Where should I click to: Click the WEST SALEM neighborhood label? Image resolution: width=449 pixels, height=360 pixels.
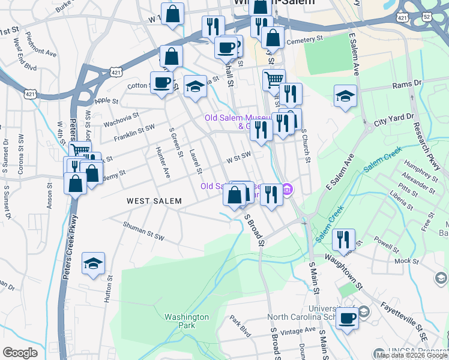154,201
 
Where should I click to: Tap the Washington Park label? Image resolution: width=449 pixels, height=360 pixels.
187,321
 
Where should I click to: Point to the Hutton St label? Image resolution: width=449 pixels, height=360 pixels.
109,287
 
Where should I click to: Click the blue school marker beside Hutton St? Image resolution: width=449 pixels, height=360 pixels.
93,263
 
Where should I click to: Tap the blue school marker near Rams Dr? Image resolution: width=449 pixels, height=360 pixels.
345,96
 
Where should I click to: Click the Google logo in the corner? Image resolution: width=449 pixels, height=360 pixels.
20,353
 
